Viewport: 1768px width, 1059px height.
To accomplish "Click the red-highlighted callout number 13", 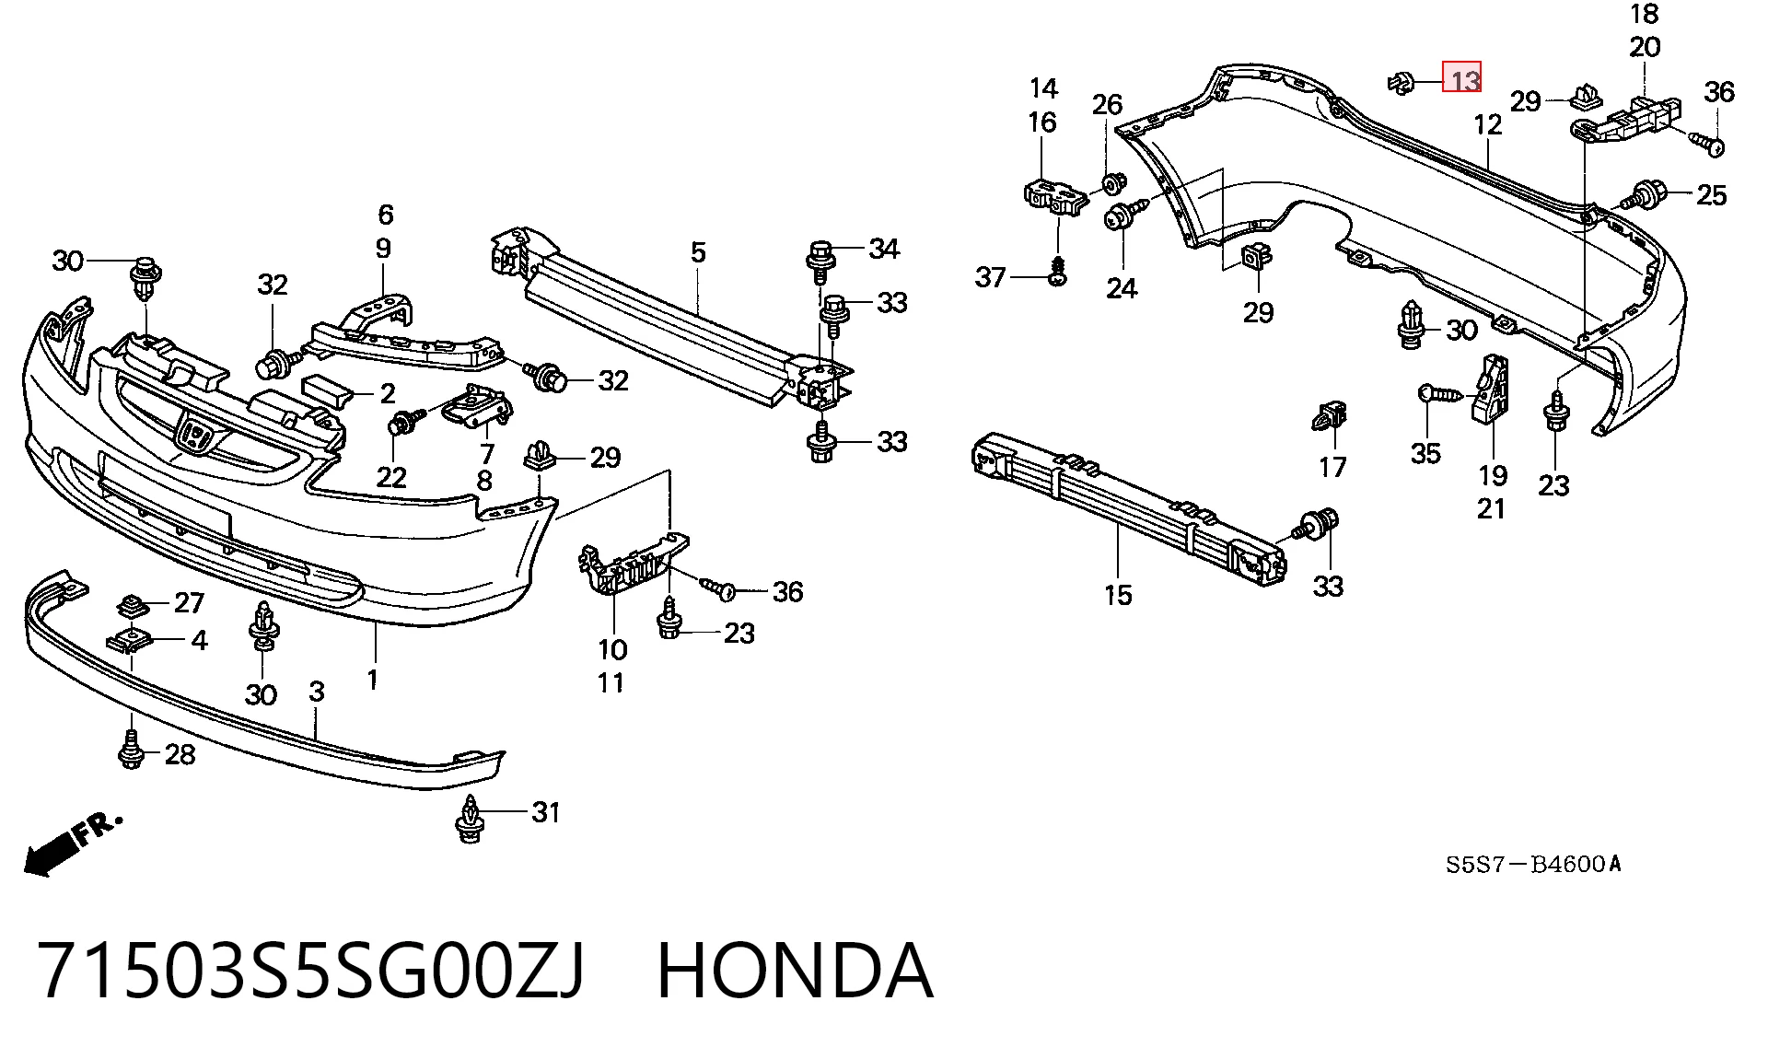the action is (1462, 77).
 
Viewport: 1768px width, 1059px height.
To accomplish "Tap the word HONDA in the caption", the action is (795, 971).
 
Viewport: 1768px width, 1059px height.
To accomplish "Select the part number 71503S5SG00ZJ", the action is (312, 971).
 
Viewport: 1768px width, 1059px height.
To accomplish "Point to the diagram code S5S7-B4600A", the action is (1533, 864).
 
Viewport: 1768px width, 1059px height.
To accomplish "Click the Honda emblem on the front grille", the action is (195, 433).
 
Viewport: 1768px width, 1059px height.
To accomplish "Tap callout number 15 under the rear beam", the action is (1118, 595).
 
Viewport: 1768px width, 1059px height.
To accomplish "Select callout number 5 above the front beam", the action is (698, 251).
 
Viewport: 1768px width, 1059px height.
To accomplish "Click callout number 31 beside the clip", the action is (546, 812).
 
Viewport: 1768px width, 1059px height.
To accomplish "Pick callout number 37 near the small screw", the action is (991, 276).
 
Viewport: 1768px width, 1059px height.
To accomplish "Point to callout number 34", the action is (884, 248).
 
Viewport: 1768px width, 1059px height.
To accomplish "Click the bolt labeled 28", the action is (131, 750).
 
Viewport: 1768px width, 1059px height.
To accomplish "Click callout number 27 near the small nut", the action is (189, 603).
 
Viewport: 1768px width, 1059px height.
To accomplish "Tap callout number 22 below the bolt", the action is (391, 477).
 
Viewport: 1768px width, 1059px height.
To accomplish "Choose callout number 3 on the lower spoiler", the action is (317, 692).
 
